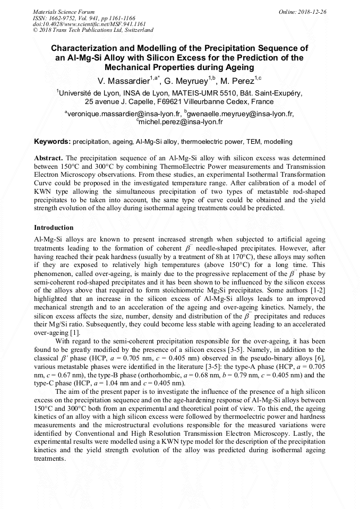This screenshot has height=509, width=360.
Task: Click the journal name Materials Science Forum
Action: tap(64, 11)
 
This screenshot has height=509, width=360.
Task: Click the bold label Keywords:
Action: tap(52, 142)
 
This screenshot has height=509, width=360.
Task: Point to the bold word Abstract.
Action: tap(48, 159)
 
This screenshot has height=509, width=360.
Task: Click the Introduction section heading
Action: tap(54, 228)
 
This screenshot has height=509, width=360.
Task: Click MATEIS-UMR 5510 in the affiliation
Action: tap(189, 92)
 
